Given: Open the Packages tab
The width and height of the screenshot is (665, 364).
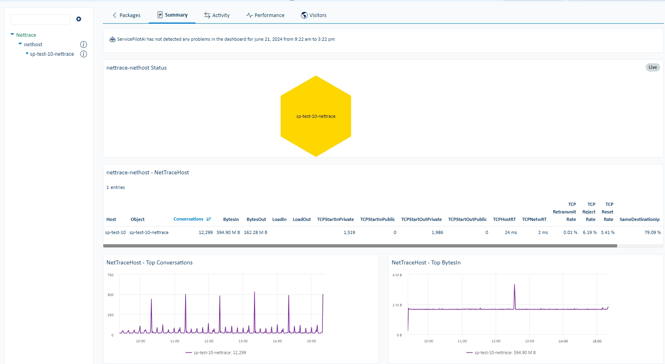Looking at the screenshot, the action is point(127,15).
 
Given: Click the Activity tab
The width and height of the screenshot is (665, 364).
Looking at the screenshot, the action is point(217,15).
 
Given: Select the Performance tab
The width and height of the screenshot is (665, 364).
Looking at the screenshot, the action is point(265,15).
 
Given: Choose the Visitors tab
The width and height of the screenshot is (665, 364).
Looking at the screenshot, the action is point(313,15).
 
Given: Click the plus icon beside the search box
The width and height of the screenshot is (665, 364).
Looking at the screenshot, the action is point(79,19).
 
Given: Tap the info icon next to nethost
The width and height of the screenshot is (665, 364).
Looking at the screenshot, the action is point(83,45).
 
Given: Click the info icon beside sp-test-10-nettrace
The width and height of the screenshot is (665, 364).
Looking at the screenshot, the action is point(83,54).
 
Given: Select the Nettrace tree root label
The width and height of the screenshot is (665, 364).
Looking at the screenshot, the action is point(26,35).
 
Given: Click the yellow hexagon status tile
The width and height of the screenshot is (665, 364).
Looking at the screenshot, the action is point(316,116).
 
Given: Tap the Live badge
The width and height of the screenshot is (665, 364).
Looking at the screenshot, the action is point(652,67).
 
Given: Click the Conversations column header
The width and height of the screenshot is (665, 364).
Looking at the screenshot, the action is point(188,219).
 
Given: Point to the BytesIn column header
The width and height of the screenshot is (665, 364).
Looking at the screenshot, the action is point(231,219).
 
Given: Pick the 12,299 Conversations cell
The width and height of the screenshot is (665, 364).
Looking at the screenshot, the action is point(205,232).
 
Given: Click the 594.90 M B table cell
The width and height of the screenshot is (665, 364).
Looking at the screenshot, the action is point(228,232).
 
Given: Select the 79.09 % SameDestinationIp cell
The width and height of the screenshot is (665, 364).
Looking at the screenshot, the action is point(652,232).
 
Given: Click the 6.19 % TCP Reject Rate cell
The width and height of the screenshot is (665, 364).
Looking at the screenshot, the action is point(589,232).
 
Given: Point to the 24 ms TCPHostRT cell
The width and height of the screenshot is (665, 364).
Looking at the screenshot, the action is point(511,232).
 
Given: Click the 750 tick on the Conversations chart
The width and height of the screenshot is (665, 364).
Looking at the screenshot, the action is point(110,275).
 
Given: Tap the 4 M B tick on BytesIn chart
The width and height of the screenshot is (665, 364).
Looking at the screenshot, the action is point(397,275).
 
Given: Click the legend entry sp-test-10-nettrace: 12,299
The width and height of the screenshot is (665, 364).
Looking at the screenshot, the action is point(216,353).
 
